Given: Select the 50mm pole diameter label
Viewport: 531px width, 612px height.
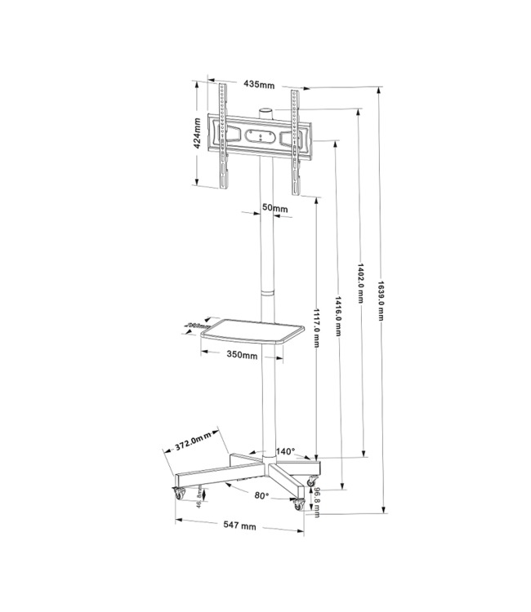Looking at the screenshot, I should [274, 208].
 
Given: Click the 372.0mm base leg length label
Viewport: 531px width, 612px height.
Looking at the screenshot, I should [194, 442].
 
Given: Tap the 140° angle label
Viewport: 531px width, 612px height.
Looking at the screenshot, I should [285, 450].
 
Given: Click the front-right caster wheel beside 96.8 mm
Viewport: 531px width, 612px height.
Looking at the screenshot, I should [297, 505].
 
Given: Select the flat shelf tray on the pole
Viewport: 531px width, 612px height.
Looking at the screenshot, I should [252, 333].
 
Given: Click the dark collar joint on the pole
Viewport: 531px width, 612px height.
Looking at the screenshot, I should [266, 292].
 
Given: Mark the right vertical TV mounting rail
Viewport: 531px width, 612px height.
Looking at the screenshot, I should [294, 139].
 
